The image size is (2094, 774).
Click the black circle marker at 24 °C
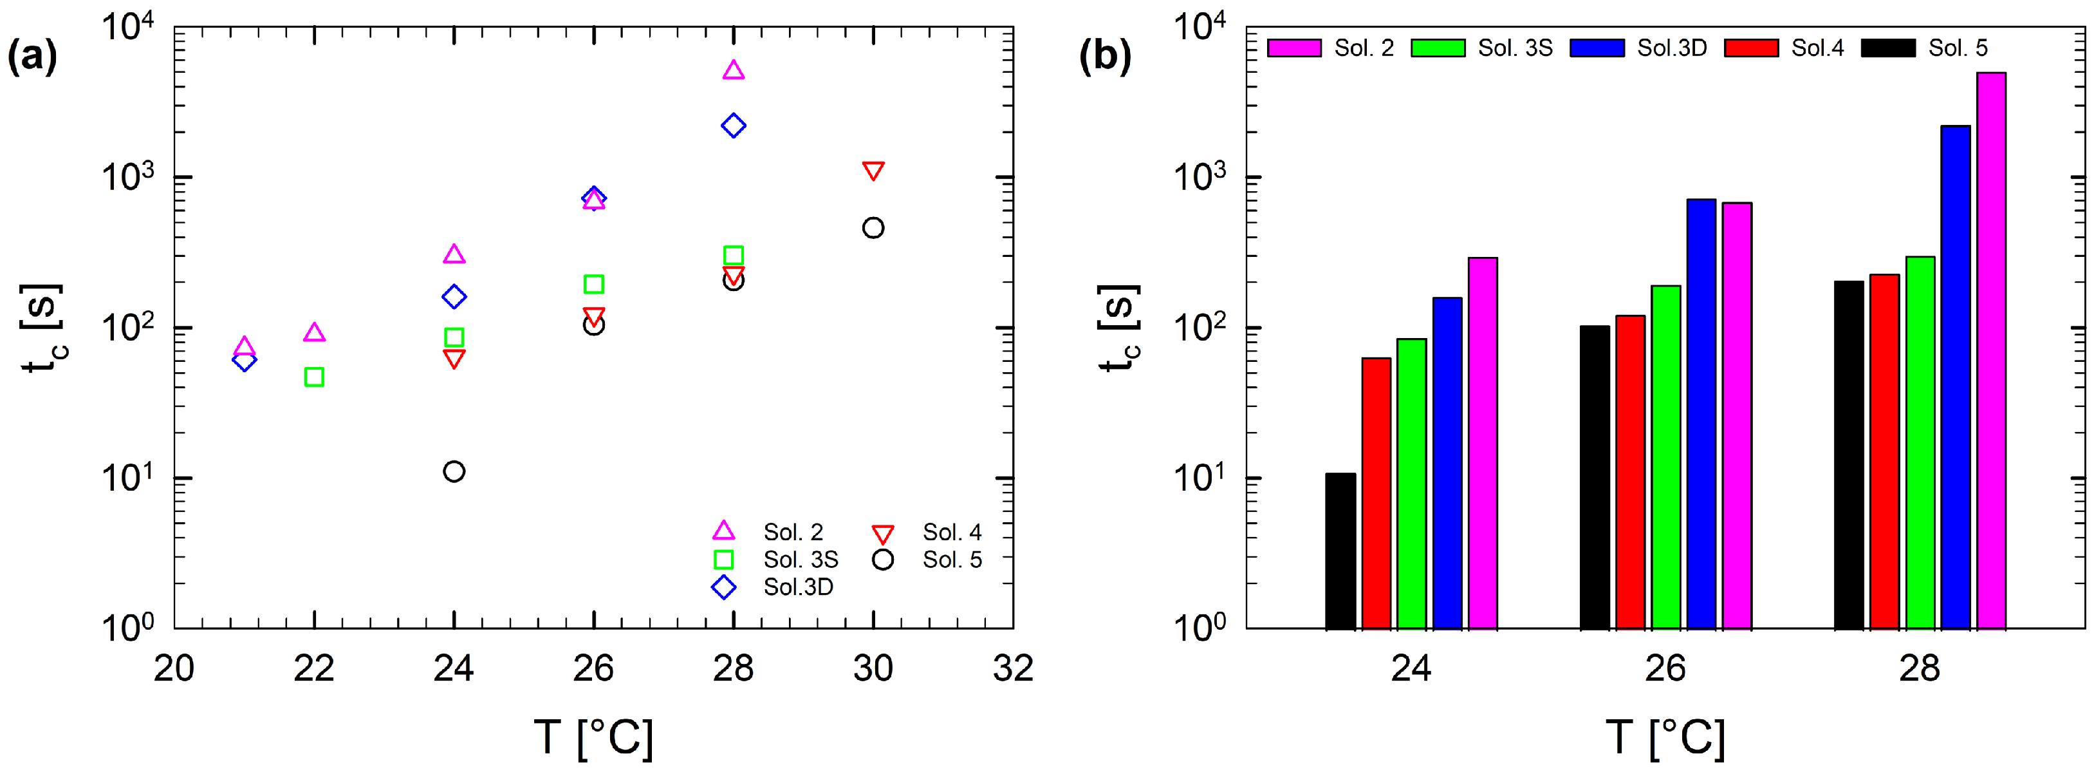point(454,471)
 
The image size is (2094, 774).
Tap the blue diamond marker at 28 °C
point(733,126)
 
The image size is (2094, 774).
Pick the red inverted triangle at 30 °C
point(873,171)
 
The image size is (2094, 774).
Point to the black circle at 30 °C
point(873,228)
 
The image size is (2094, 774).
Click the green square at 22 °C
point(315,377)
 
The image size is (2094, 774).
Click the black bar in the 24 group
point(1340,551)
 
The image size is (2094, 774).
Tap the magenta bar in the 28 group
point(1991,350)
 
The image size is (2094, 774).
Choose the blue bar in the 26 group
point(1701,414)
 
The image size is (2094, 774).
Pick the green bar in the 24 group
point(1412,484)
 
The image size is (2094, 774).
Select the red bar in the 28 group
point(1884,451)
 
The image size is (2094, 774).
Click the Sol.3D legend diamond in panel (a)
point(723,587)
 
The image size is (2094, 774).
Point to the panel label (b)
point(1105,56)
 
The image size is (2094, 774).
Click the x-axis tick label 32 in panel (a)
point(1013,669)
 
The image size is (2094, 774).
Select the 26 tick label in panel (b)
point(1665,669)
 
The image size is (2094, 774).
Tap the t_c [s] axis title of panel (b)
point(1118,328)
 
